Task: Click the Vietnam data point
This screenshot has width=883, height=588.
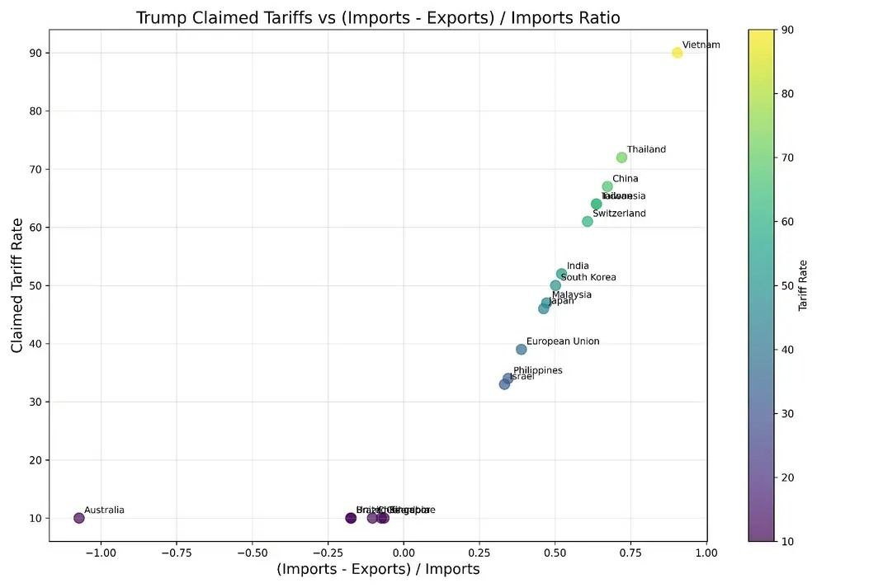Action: [x=678, y=53]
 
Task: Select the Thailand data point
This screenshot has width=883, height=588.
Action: [x=621, y=158]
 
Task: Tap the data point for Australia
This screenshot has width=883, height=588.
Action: [x=79, y=518]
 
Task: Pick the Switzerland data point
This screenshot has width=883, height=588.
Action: [x=588, y=221]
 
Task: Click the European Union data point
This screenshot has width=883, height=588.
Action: [x=521, y=350]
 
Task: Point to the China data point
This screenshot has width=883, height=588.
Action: [x=607, y=186]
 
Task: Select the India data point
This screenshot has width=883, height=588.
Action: [x=561, y=274]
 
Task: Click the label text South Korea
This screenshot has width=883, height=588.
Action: [x=588, y=278]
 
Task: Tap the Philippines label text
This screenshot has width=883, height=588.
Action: [x=538, y=371]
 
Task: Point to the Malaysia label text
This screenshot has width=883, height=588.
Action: [x=572, y=295]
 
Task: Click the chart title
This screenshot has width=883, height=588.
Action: [x=378, y=17]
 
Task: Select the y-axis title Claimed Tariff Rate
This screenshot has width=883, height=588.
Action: [x=17, y=285]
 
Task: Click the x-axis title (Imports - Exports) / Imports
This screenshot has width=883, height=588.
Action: [x=378, y=569]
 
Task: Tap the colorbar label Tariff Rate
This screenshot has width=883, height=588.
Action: [x=803, y=285]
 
